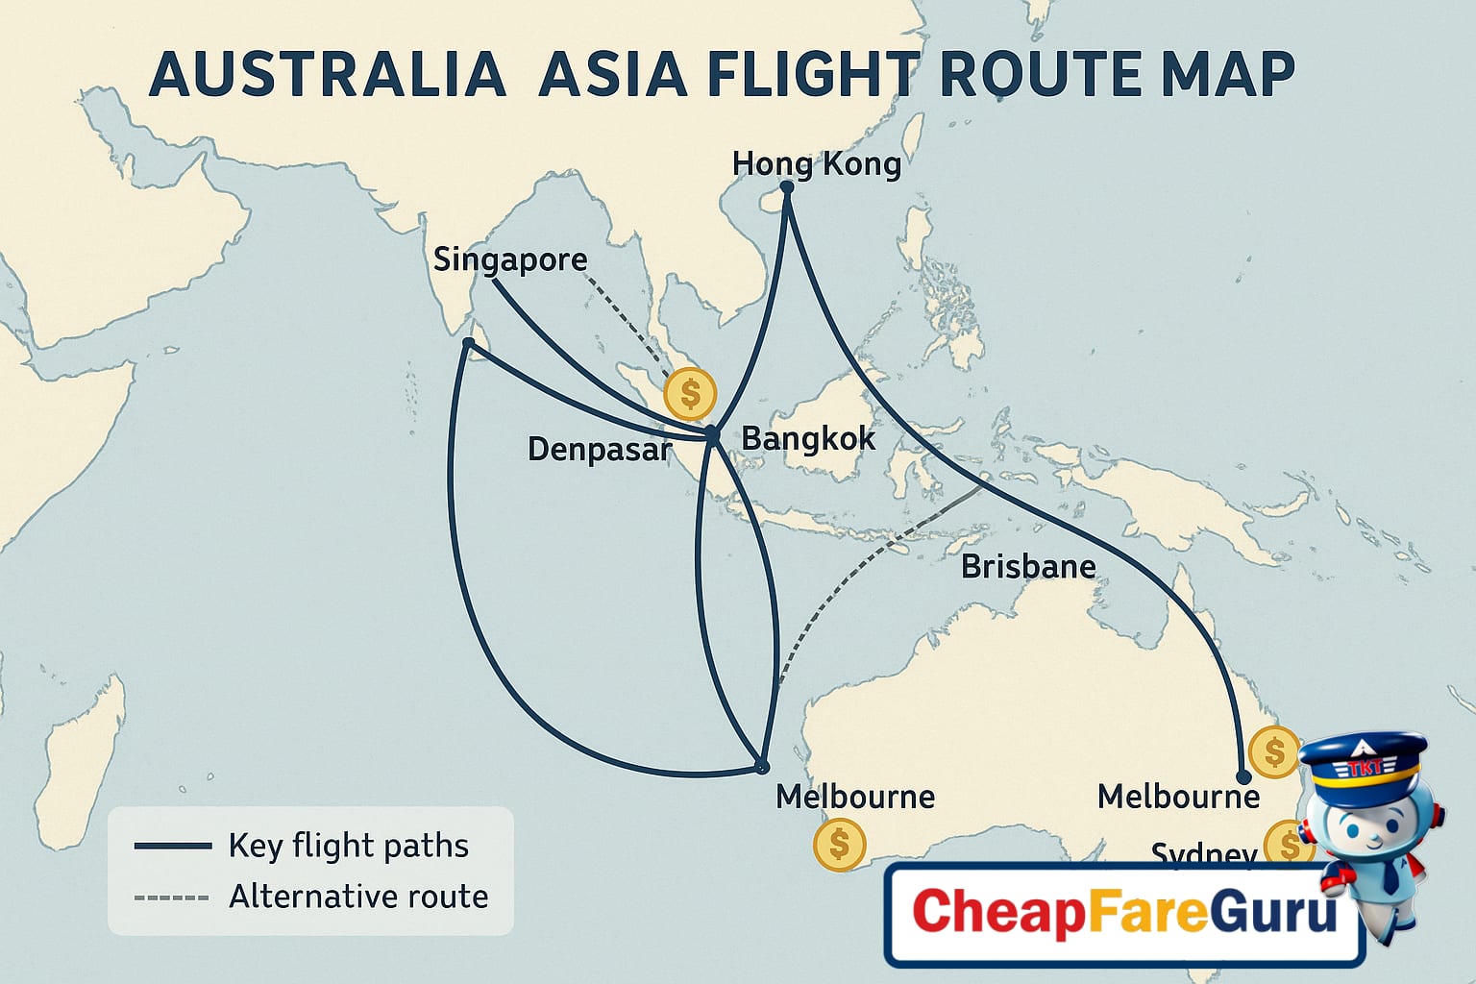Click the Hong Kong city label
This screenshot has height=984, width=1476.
(816, 164)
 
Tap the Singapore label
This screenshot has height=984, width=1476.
(509, 259)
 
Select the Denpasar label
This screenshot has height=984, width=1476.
(599, 449)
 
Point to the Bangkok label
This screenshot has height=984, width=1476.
(808, 439)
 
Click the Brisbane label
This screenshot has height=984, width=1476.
(1028, 567)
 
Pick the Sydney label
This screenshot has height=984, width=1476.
(1203, 853)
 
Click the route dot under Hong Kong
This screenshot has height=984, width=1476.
(787, 187)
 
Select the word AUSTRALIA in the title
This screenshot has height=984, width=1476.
(328, 74)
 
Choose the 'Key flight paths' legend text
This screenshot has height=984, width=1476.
(348, 846)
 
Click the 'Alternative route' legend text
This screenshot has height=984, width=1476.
(358, 897)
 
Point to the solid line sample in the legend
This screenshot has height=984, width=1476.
(173, 847)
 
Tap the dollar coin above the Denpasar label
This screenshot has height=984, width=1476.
(689, 393)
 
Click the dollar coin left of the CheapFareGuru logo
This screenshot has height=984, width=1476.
(839, 844)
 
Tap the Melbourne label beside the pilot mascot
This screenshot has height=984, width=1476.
(1178, 797)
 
